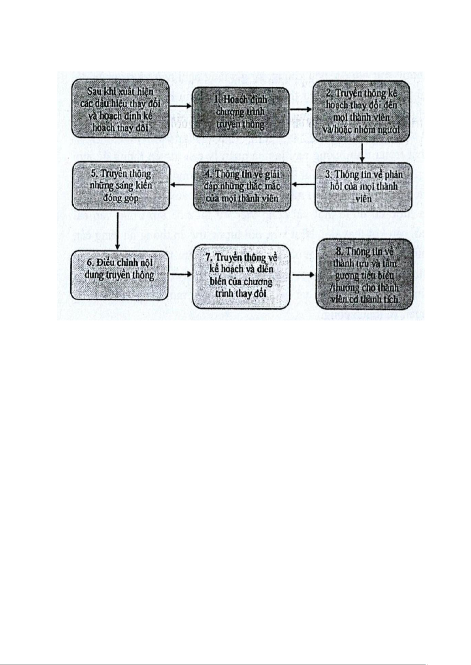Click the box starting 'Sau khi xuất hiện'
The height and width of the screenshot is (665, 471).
click(x=120, y=108)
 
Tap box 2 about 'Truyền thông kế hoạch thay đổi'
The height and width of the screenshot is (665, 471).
click(x=362, y=111)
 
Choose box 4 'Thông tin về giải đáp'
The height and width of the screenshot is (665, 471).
click(x=242, y=186)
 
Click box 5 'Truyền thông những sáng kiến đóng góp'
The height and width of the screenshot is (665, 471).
click(x=120, y=185)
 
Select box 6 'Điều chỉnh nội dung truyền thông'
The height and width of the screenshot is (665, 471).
click(x=119, y=275)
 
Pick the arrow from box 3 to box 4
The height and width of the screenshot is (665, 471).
click(x=303, y=185)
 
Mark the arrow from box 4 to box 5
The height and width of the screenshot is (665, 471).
click(x=181, y=185)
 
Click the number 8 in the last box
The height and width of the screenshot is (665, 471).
click(x=338, y=251)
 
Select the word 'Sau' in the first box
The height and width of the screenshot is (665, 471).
click(x=95, y=92)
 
